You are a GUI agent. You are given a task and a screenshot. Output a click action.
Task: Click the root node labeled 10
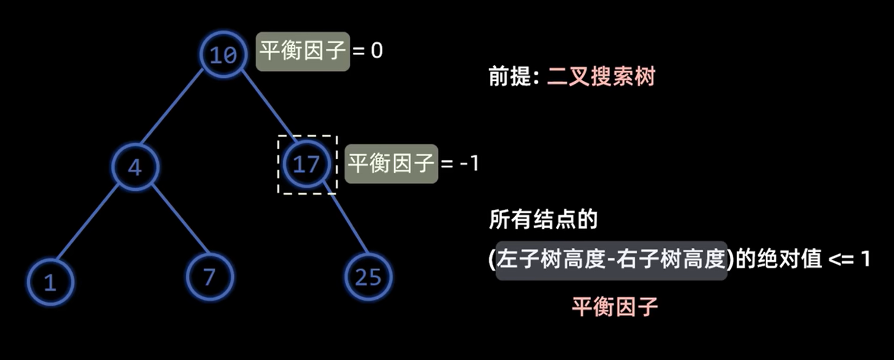pos(223,54)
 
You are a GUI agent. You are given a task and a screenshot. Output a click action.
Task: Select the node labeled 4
pos(135,167)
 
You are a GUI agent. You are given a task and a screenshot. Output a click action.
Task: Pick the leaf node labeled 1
pos(51,282)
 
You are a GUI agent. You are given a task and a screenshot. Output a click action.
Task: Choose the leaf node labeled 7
pos(209,277)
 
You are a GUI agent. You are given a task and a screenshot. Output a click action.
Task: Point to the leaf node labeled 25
pos(368,277)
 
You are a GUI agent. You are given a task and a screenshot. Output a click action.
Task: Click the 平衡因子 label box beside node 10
pos(302,51)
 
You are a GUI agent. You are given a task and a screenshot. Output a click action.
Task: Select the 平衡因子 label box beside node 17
pos(391,164)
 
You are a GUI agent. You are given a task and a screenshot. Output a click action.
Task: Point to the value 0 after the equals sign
pos(377,51)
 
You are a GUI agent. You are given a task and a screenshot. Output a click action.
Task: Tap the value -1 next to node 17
pos(469,164)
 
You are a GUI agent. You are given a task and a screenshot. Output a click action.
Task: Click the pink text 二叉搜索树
pos(601,76)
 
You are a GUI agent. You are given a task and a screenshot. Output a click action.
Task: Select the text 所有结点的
pos(543,219)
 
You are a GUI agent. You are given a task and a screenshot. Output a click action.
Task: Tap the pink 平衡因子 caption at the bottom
pos(615,307)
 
